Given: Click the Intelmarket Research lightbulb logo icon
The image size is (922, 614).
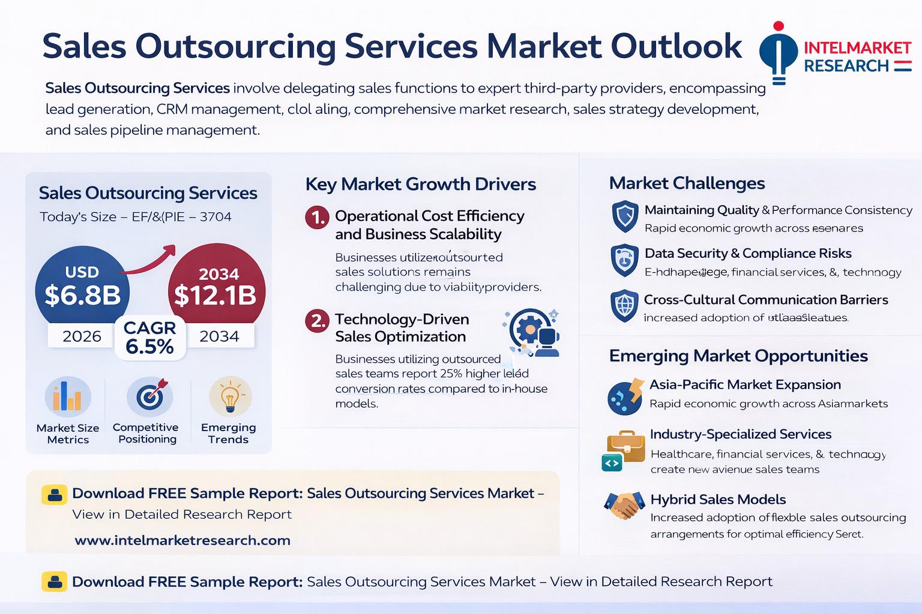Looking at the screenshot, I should [779, 53].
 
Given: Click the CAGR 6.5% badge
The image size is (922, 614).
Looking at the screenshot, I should [149, 338].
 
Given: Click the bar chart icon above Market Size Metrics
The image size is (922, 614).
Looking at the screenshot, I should [68, 397].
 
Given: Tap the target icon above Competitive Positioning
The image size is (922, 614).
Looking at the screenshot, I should [149, 396].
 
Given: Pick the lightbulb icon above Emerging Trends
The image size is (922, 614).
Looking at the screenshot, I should [230, 396].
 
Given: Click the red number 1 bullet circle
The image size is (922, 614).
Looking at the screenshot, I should [317, 218].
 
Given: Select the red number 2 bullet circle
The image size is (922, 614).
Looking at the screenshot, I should [317, 321].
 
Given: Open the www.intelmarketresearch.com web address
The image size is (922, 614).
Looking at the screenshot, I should [182, 540].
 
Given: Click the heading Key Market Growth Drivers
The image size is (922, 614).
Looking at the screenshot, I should [420, 184].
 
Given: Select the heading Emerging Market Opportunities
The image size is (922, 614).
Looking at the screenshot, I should [738, 356].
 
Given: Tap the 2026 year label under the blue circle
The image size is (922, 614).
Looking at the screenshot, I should [82, 336].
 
